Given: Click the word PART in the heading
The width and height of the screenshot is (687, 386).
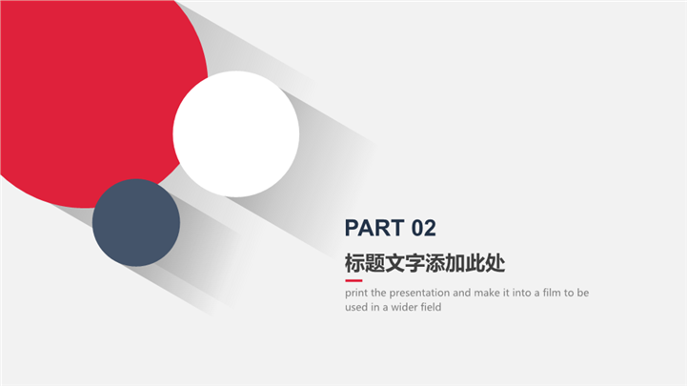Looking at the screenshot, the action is coord(374,228).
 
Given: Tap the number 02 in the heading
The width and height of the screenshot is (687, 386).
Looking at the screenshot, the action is coord(424,228).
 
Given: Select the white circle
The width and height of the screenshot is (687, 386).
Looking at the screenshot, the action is coord(236,134).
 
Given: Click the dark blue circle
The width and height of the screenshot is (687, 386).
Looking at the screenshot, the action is coord(136,223).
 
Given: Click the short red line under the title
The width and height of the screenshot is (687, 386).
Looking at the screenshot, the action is coord(354,280).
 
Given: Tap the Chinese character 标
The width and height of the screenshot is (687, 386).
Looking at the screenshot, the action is coord(354,263).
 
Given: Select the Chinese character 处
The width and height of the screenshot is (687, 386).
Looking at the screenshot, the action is coord(495,263).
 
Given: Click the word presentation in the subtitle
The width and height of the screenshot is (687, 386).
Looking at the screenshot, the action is coord(419,293).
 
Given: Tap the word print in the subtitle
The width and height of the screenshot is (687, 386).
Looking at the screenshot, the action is coord(356,293).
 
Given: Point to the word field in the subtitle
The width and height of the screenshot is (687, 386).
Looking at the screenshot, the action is coord(431,307).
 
